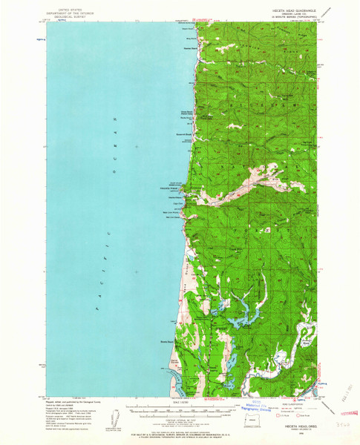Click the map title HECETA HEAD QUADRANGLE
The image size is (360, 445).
click(x=295, y=10)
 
